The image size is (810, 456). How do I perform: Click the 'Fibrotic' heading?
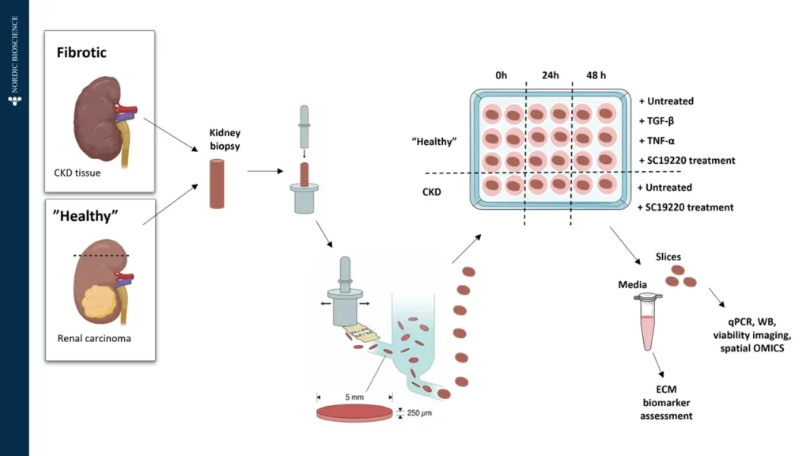(81, 53)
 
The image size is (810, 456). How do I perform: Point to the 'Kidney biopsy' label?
(224, 140)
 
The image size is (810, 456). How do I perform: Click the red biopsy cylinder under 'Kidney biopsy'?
(218, 183)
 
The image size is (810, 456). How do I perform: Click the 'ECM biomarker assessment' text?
(665, 402)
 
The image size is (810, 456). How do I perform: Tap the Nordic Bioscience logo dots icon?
(14, 101)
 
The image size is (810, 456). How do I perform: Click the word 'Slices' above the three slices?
(669, 257)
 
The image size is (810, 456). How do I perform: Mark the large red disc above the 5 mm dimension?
(354, 412)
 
